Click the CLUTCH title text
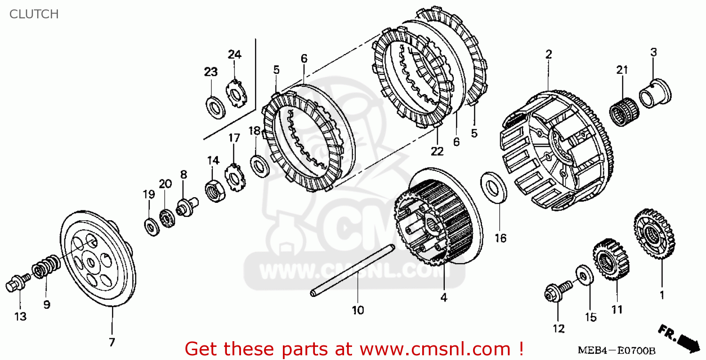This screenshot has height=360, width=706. click(34, 14)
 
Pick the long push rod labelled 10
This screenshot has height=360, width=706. click(353, 271)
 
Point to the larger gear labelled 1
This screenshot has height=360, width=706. click(654, 234)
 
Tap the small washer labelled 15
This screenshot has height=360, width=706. click(584, 275)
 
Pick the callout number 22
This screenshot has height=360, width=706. click(437, 151)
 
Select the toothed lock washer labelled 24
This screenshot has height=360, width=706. click(235, 93)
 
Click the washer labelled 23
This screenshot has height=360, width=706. click(216, 106)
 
